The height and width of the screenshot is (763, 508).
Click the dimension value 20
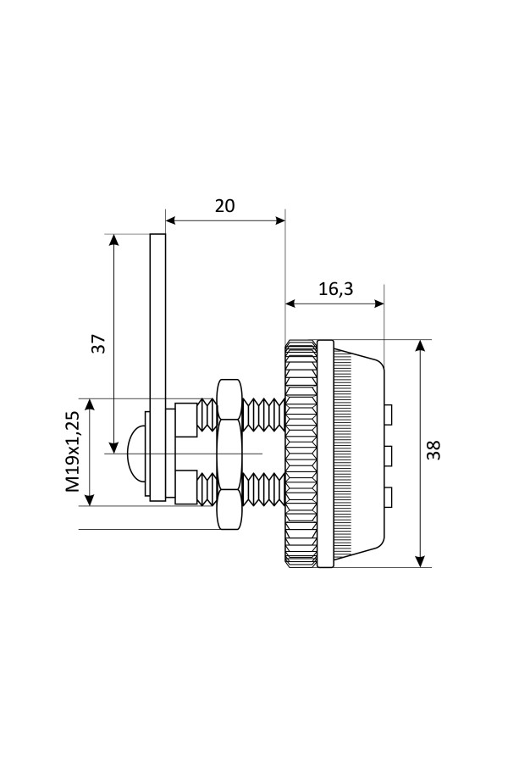click(x=224, y=205)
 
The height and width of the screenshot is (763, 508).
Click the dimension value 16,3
click(x=335, y=288)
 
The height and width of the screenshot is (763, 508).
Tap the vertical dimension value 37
click(x=99, y=343)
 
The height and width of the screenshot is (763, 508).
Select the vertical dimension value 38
click(x=434, y=449)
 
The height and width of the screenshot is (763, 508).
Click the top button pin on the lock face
click(x=389, y=414)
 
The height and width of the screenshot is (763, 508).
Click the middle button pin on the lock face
click(x=389, y=456)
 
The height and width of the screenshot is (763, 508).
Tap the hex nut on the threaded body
click(x=229, y=454)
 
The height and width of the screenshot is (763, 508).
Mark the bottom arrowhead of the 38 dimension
click(x=420, y=561)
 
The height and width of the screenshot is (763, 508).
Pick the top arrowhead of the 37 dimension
click(x=113, y=240)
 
